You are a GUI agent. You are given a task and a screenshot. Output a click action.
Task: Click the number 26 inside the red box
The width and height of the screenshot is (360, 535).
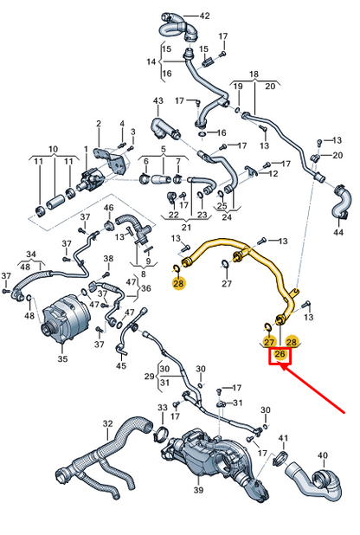[x=280, y=354]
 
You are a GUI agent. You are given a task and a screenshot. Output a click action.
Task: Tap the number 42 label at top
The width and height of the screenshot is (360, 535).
[x=204, y=16]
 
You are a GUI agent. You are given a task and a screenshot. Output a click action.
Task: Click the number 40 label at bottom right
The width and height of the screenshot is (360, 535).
[x=323, y=455]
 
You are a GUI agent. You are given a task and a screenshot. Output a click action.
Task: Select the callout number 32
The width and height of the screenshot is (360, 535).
[x=107, y=423]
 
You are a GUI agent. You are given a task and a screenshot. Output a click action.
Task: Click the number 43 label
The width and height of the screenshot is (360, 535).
[x=158, y=101]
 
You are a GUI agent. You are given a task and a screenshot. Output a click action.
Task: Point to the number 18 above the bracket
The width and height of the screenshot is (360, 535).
[x=254, y=74]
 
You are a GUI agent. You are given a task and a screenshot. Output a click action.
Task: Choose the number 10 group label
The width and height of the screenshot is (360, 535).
[x=52, y=149]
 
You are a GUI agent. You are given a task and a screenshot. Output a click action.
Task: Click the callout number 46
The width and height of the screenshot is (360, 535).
[x=109, y=209]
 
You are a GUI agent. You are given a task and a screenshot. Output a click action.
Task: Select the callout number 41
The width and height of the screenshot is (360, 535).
[x=283, y=439]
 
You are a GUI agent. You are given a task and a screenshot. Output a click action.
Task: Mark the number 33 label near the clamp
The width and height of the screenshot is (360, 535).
[x=162, y=407]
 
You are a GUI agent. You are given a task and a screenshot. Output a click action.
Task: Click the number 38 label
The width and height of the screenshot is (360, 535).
[x=108, y=259]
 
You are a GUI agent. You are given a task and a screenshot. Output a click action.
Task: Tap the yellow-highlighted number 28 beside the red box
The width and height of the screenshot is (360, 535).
[x=292, y=343]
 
